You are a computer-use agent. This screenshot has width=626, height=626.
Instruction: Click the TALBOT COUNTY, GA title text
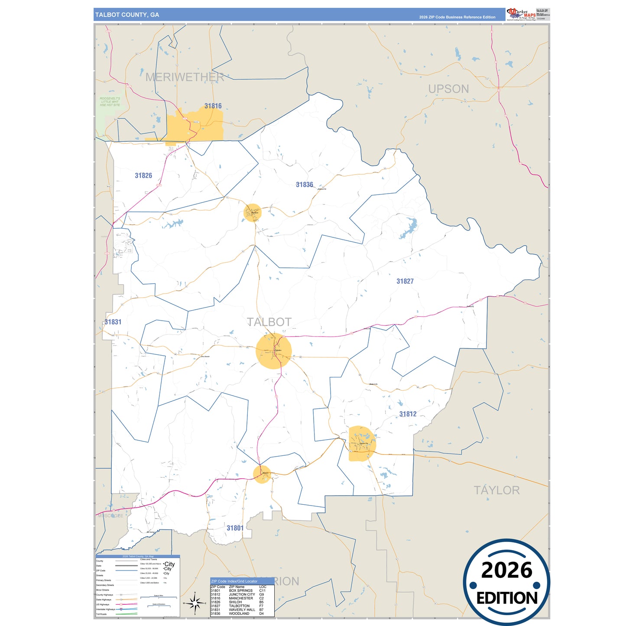[x=127, y=15]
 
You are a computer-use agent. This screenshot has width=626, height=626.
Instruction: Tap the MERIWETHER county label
[x=185, y=77]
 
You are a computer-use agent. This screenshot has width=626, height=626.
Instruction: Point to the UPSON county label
[x=448, y=89]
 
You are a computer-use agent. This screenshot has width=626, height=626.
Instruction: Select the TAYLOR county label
[x=496, y=490]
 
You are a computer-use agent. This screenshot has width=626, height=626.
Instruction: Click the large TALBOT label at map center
[x=269, y=322]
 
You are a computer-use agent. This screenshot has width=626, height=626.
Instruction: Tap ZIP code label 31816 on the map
[x=213, y=106]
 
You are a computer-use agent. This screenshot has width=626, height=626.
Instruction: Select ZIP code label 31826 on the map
[x=143, y=175]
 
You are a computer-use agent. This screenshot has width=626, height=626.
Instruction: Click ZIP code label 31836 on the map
[x=304, y=185]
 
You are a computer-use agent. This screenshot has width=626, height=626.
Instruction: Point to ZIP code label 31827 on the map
[x=405, y=281]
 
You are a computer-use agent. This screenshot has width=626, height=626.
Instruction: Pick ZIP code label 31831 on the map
[x=113, y=322]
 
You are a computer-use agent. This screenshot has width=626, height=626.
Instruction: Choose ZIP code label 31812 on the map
[x=408, y=414]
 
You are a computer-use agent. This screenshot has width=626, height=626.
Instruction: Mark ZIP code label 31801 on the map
[x=235, y=528]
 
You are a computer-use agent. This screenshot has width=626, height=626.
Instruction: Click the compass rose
[x=195, y=603]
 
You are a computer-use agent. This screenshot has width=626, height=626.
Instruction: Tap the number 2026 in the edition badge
[x=506, y=570]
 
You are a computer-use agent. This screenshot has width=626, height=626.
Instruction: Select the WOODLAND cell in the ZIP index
[x=239, y=613]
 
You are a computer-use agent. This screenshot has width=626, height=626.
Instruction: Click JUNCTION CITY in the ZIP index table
[x=242, y=594]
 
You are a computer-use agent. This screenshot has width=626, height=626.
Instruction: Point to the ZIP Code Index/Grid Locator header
[x=234, y=581]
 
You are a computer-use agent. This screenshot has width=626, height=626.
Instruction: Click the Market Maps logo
[x=521, y=14]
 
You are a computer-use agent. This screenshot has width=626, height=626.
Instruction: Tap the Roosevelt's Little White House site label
[x=110, y=102]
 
